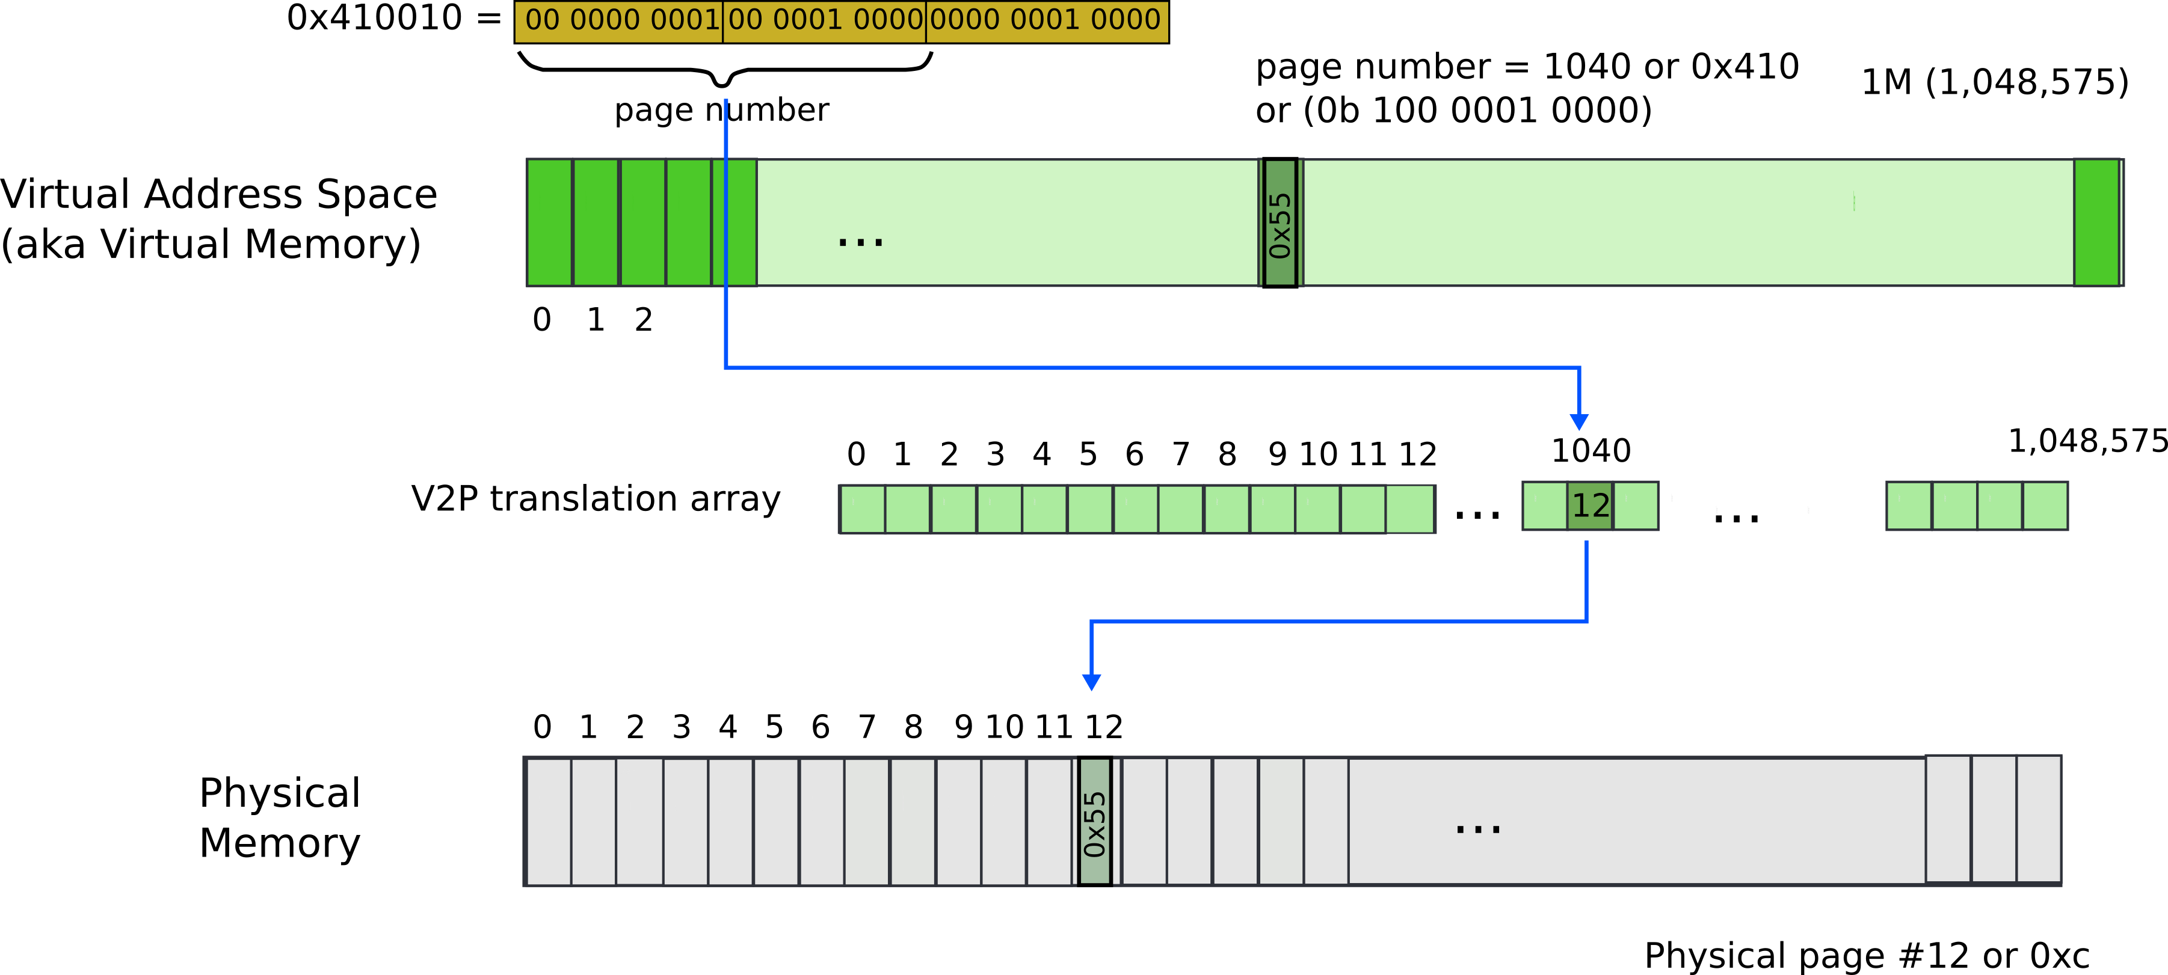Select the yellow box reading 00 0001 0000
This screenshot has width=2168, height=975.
824,21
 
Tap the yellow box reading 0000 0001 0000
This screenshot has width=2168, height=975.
1046,21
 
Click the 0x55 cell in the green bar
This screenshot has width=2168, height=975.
1280,223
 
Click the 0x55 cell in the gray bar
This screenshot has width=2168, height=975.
1094,821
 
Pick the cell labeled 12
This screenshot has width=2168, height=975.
1590,506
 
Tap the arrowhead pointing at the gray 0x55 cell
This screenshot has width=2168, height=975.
1092,682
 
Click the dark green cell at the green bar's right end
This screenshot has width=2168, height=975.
2096,223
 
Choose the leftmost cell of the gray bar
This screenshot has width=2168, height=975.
549,821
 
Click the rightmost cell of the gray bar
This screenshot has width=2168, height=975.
2039,819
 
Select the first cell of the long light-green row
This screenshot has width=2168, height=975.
863,509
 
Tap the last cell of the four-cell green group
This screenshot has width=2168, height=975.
2044,506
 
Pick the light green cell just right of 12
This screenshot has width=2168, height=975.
1635,506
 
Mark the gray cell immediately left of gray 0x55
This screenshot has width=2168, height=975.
1050,821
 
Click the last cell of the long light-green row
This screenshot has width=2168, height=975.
1409,509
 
